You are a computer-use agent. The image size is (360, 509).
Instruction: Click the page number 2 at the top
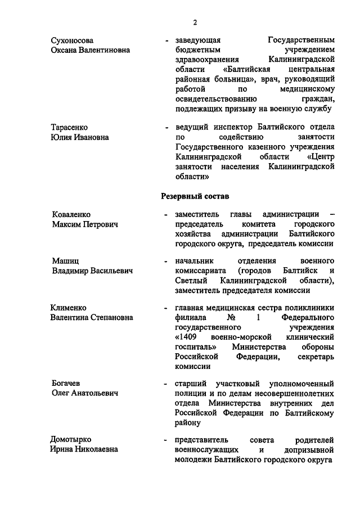coord(195,22)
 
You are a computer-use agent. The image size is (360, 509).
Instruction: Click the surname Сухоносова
coord(73,40)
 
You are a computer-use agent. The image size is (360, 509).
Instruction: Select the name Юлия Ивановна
coord(80,137)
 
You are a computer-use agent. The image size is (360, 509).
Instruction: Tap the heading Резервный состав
coord(195,196)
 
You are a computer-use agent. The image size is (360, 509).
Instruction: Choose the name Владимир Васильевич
coord(92,271)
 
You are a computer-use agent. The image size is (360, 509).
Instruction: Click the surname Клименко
coord(70,308)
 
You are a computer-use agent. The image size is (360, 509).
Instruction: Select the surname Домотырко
coord(71,439)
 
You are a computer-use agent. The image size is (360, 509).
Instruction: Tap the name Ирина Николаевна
coord(84,449)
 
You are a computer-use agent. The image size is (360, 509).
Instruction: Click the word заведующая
coord(197,40)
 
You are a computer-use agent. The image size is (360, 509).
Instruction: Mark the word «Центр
coord(321,156)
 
